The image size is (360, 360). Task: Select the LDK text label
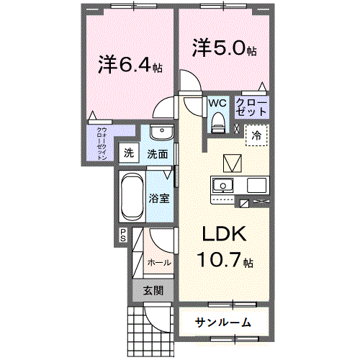[223, 235]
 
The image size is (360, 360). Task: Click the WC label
[217, 103]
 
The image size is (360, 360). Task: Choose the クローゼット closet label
[252, 109]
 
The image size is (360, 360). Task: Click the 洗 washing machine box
[128, 153]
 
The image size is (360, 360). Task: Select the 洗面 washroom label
[158, 153]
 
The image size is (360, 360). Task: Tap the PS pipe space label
[123, 234]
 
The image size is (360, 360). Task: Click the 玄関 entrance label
[152, 290]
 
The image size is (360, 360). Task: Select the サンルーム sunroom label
[223, 322]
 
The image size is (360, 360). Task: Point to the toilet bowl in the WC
[218, 125]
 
